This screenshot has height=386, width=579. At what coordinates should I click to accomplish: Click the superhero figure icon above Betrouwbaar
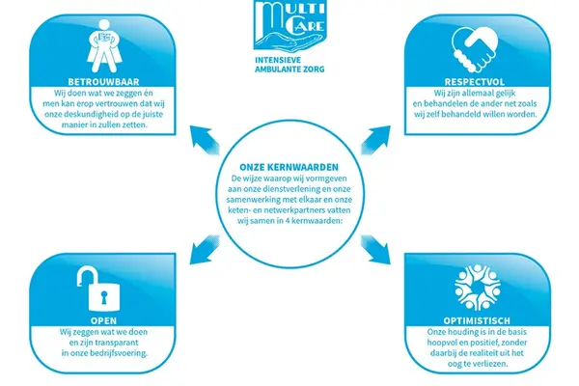coord(104,46)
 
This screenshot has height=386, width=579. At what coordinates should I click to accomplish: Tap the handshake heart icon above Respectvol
coord(475,50)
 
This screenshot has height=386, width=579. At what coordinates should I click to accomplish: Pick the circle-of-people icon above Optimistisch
coord(477,287)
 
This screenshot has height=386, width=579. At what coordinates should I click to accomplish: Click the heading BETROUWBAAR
coord(103,82)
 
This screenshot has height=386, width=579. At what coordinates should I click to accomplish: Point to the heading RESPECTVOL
coord(474,82)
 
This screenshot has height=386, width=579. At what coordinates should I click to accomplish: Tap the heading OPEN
coord(103,320)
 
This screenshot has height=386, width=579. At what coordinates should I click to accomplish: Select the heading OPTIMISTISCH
coord(477,320)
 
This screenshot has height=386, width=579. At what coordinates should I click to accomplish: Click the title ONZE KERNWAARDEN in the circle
coord(289,167)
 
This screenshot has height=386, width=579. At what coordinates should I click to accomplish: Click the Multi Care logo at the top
coord(290,25)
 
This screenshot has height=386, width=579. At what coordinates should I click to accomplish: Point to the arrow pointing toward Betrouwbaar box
coord(205,140)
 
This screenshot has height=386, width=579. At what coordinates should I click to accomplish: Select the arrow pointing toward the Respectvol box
coord(375,140)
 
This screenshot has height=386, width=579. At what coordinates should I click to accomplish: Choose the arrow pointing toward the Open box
coord(205,250)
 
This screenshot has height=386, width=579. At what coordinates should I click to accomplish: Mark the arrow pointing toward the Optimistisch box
coord(375,250)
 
